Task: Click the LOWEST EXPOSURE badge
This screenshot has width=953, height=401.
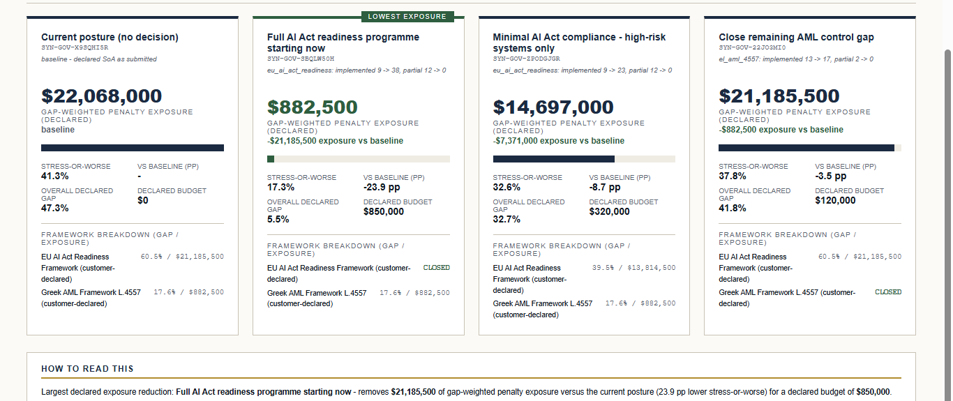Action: [407, 17]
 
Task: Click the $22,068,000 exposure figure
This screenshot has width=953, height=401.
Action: [102, 96]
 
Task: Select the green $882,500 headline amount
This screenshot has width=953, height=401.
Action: [313, 107]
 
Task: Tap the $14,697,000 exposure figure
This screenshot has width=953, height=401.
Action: [553, 107]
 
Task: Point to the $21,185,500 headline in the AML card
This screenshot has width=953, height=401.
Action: [779, 96]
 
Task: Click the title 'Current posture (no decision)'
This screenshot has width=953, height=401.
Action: [110, 37]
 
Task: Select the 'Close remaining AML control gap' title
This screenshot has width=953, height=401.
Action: [797, 37]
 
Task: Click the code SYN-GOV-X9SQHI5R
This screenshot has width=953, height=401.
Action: [75, 47]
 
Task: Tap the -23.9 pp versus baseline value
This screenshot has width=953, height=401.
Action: [382, 187]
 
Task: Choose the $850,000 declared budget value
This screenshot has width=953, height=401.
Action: [383, 211]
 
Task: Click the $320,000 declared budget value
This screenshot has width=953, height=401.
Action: [609, 211]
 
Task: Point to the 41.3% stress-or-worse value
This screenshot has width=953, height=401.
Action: [55, 176]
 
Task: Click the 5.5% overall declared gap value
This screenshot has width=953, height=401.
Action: [278, 220]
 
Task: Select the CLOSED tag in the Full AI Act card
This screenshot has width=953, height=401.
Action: [437, 268]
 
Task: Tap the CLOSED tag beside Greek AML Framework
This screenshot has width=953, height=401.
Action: [888, 292]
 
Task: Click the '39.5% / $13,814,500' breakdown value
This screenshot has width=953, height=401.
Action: [634, 268]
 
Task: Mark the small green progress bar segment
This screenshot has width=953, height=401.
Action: [271, 159]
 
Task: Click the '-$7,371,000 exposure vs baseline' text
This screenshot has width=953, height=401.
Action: [559, 141]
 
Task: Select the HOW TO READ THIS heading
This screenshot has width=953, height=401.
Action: [87, 369]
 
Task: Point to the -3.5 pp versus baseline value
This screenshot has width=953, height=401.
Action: [830, 176]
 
